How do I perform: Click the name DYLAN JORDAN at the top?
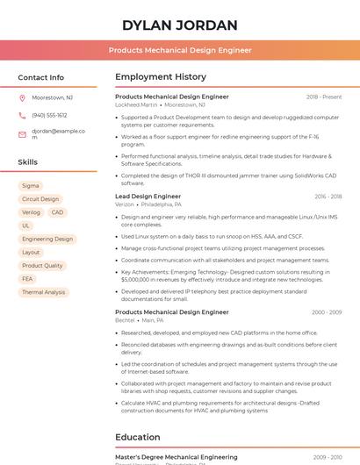[180, 25]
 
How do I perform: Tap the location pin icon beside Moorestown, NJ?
[22, 97]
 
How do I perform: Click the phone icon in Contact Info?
[22, 115]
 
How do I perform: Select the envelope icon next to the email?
[22, 134]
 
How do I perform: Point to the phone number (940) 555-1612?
[49, 115]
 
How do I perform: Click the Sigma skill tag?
[31, 186]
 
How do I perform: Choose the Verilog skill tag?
[31, 212]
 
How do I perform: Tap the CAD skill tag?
[57, 212]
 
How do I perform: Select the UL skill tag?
[26, 225]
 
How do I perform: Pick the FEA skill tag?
[27, 279]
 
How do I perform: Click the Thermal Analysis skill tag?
[44, 292]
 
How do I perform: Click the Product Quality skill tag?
[42, 266]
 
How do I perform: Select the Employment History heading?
[161, 77]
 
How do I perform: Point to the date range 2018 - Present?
[324, 97]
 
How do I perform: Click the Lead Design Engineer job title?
[148, 197]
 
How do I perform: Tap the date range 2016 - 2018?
[328, 197]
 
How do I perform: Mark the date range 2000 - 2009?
[327, 312]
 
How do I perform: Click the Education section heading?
[138, 437]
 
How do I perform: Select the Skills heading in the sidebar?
[28, 162]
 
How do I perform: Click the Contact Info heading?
[41, 77]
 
